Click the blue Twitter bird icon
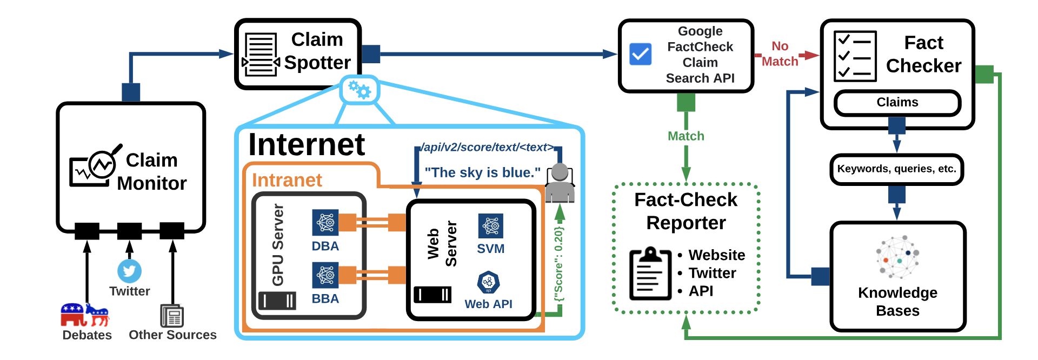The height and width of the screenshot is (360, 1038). pos(129,271)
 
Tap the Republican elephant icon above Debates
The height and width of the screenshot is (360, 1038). pos(73,314)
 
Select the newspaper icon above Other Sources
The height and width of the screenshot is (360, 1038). pos(172,316)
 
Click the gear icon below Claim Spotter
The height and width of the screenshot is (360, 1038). pos(360,90)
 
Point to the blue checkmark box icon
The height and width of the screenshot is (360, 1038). pos(641,54)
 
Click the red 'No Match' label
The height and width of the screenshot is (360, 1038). pos(780,54)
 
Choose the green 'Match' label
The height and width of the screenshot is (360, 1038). pos(686,136)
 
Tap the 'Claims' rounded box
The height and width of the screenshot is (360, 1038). pos(897,102)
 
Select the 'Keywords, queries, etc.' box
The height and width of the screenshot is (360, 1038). pos(896,169)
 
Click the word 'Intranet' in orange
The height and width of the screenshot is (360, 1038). pos(287,180)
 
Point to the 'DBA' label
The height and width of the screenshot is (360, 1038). pos(325,246)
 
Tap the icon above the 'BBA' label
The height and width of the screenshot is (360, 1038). pos(325,275)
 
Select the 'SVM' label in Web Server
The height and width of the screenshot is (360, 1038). pos(490,249)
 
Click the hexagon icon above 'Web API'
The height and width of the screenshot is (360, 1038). pos(488,282)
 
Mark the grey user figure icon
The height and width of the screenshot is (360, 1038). pos(560,183)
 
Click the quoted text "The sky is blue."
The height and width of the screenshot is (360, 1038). pos(482,172)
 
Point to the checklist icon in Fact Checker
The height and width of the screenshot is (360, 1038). pos(855,56)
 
